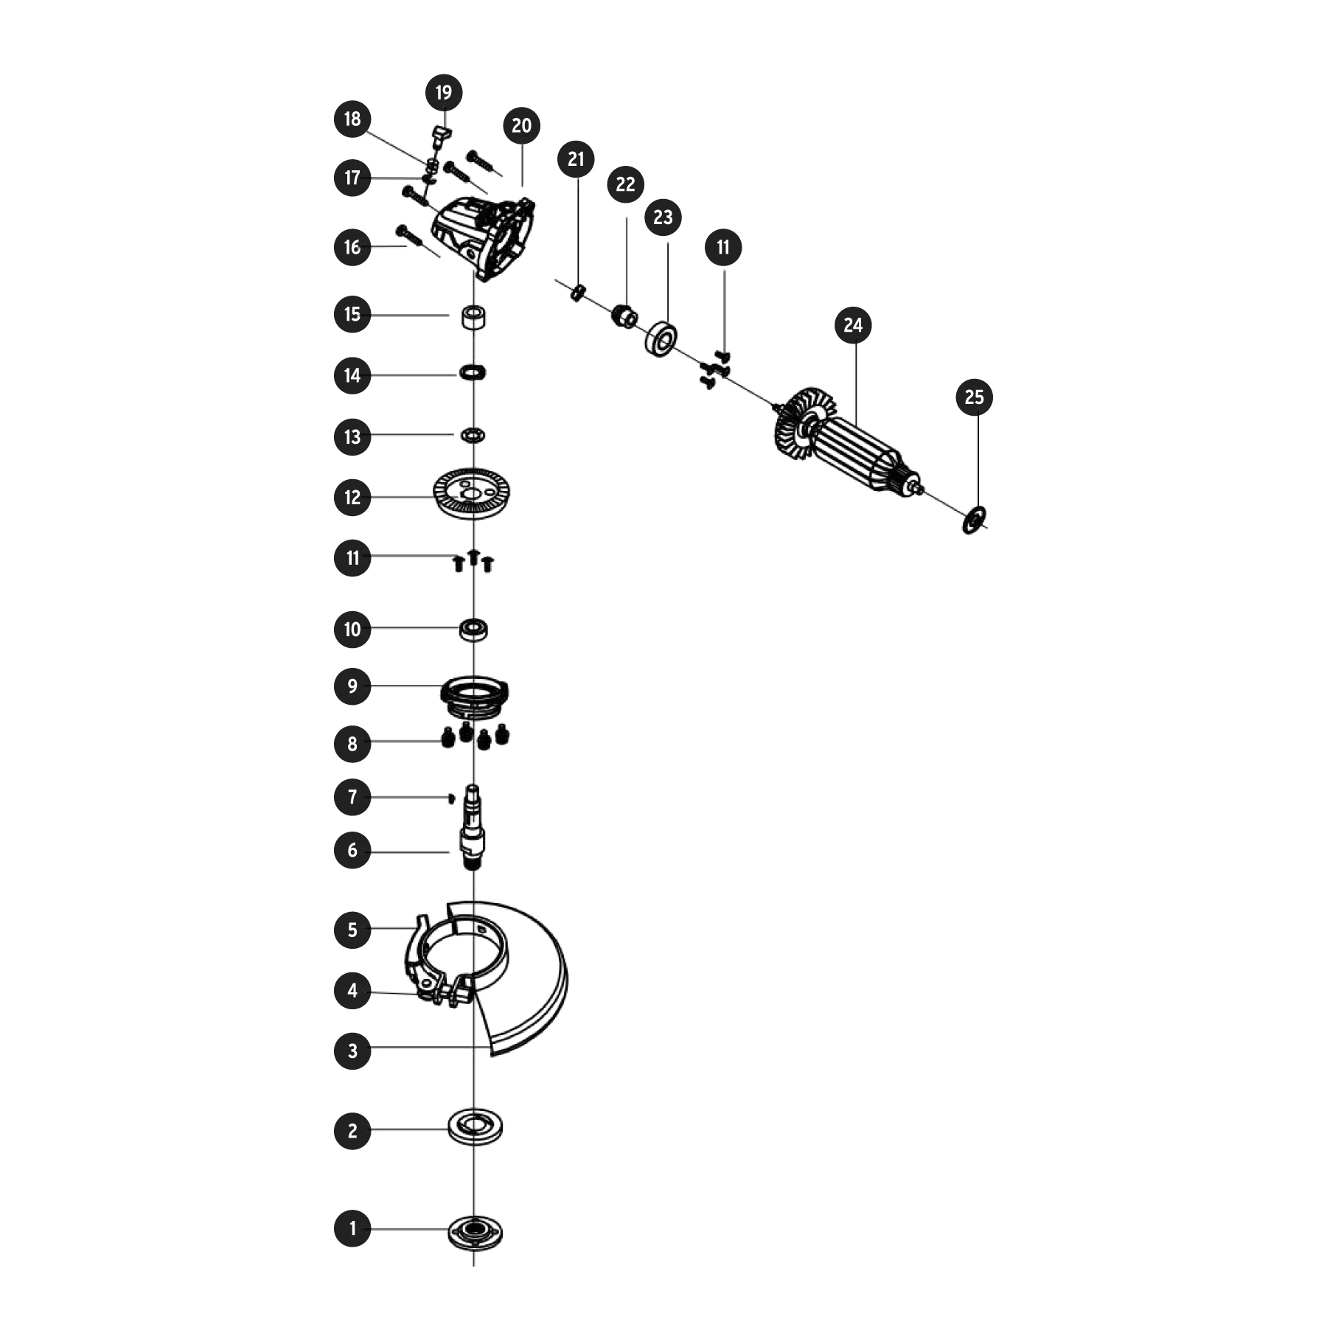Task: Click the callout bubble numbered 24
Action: point(853,325)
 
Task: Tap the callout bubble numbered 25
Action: point(974,397)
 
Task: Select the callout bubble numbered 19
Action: point(444,93)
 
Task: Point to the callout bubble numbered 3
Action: point(352,1051)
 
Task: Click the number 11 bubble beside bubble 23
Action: point(723,247)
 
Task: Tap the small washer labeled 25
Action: point(973,520)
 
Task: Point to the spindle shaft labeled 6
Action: point(472,829)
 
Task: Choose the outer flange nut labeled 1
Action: point(476,1232)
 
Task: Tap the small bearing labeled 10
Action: point(473,630)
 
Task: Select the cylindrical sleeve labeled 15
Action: point(473,317)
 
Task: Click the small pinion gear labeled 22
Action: point(625,317)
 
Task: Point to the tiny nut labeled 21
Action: point(579,293)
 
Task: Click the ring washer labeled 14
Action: point(473,373)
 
